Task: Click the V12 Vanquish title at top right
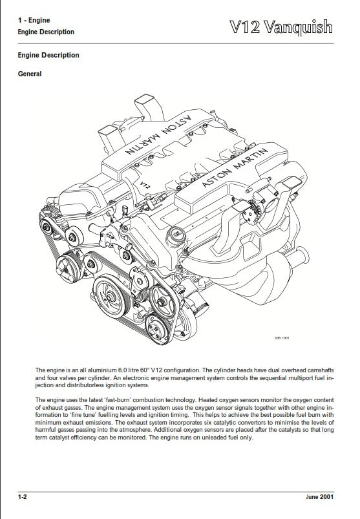[x=281, y=26]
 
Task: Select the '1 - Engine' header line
[x=35, y=21]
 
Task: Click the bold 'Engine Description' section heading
[x=48, y=56]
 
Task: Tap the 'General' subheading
[x=30, y=74]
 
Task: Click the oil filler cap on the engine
[x=176, y=233]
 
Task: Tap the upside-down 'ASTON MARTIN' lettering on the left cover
[x=154, y=138]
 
